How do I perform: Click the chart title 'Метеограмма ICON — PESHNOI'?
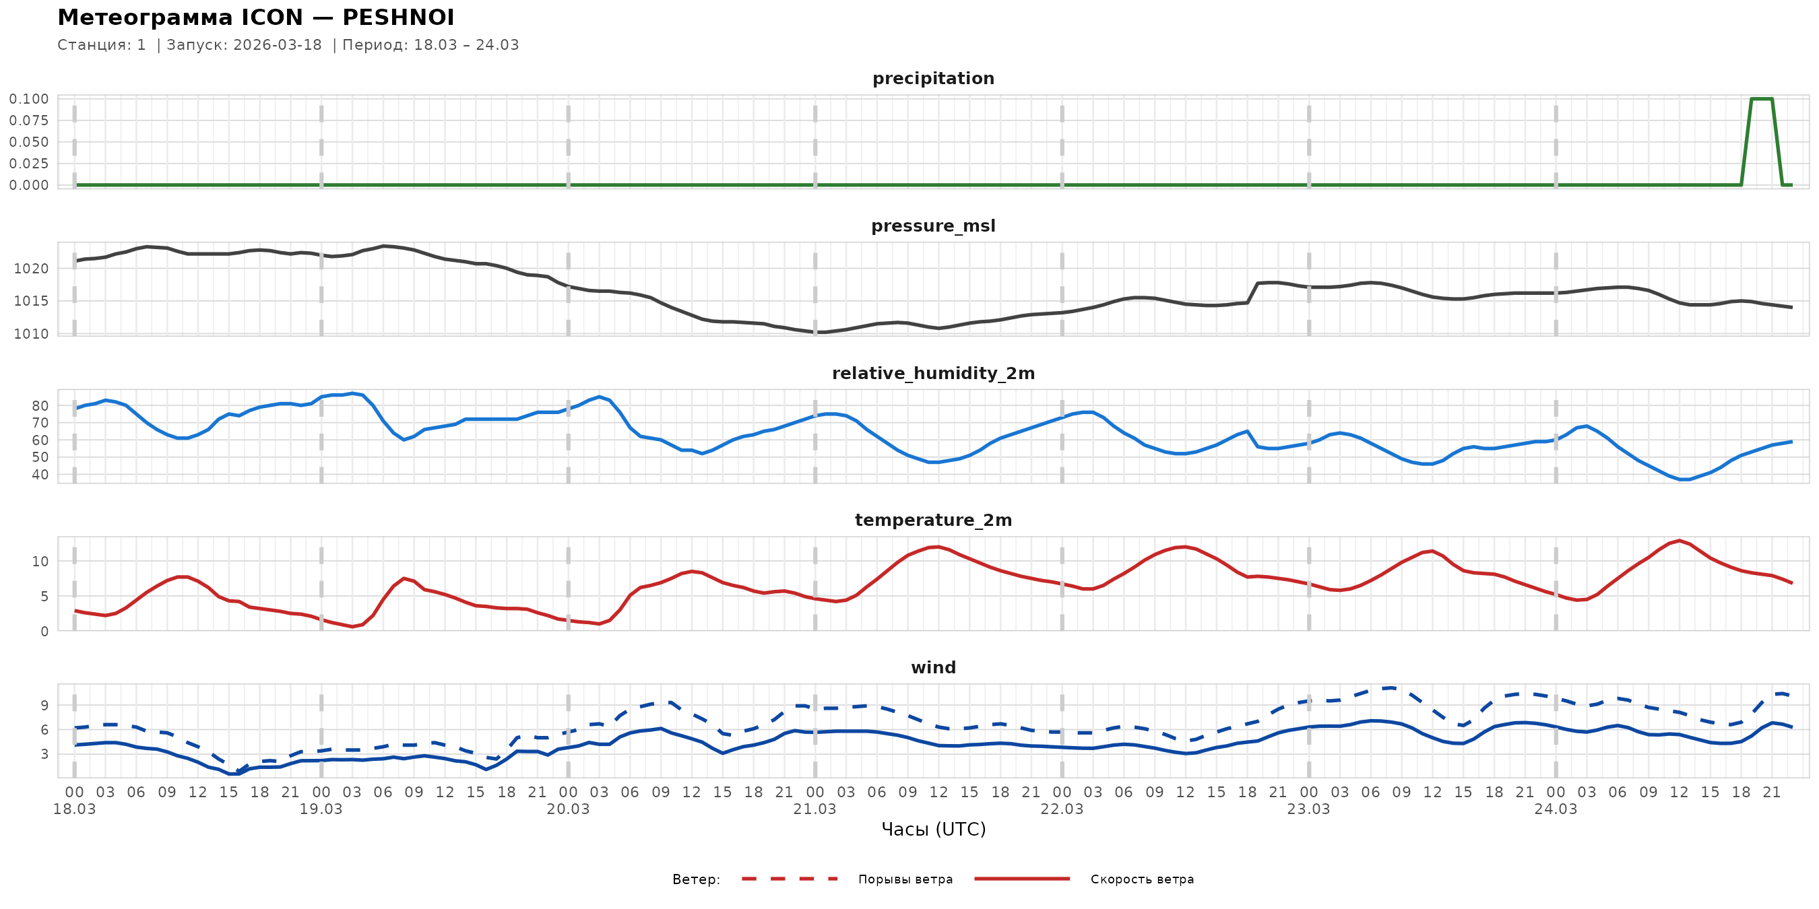(x=255, y=18)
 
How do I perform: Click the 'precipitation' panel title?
(x=933, y=78)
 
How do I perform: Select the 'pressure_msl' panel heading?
(x=933, y=226)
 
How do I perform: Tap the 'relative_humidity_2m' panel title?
(x=933, y=373)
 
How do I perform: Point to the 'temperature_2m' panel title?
(x=933, y=520)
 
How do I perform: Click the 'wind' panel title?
(x=933, y=668)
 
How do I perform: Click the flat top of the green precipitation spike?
(x=1761, y=99)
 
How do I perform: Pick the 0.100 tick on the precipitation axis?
(x=29, y=99)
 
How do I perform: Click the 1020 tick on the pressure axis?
(x=31, y=268)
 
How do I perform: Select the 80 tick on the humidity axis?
(x=40, y=406)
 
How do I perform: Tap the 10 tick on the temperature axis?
(x=40, y=562)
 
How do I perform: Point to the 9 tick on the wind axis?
(x=44, y=705)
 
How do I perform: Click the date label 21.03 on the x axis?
(x=815, y=809)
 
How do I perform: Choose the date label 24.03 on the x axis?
(x=1555, y=809)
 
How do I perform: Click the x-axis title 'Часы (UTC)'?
(x=933, y=830)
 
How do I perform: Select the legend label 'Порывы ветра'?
(x=905, y=879)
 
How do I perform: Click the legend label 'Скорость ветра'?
(x=1142, y=879)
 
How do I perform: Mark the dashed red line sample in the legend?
(x=790, y=879)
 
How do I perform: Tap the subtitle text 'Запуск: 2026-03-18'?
(x=244, y=45)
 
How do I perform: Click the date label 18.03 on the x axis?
(x=74, y=809)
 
